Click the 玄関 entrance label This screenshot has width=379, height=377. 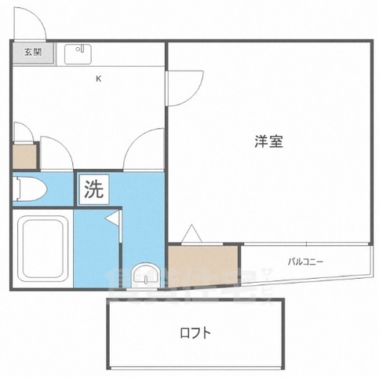click(32, 53)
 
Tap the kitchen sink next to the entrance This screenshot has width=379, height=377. click(78, 53)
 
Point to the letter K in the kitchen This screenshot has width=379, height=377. click(99, 78)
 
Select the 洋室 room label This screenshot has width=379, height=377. click(268, 142)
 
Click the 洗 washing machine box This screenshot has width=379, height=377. click(93, 188)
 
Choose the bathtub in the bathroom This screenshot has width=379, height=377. click(44, 247)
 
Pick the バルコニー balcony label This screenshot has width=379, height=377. click(305, 262)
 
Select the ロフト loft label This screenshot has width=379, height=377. click(195, 333)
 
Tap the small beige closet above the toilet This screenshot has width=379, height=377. click(24, 156)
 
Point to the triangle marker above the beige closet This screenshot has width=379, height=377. click(191, 233)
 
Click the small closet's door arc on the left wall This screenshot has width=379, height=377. click(24, 131)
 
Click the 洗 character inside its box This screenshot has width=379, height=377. click(93, 188)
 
